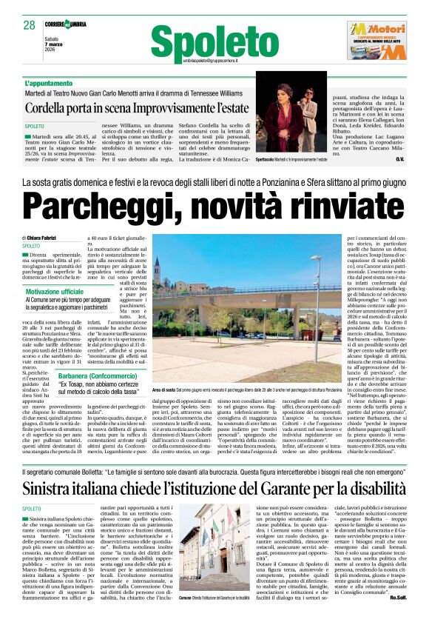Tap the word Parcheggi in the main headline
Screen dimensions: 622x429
click(x=96, y=204)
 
